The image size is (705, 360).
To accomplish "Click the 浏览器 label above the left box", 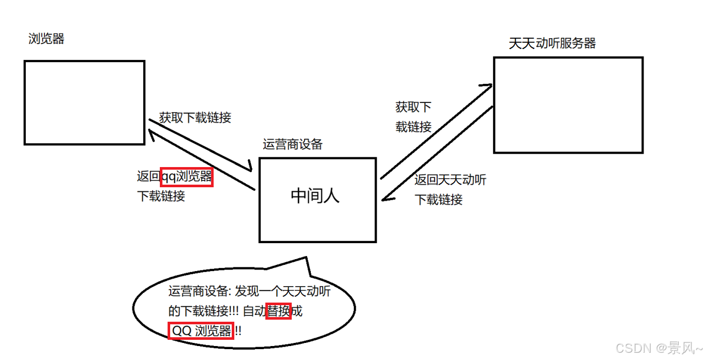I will [47, 39].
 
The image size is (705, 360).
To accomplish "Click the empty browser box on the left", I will [84, 102].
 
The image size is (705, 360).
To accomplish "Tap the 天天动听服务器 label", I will [552, 43].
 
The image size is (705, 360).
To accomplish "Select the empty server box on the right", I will [568, 105].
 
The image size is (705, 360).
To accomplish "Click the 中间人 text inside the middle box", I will [315, 196].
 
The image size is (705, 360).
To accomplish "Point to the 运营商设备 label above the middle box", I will [292, 144].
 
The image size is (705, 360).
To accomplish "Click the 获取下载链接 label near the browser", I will [195, 117].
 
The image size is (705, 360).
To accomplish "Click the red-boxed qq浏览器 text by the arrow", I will [187, 177].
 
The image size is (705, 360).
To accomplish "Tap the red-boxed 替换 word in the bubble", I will [278, 311].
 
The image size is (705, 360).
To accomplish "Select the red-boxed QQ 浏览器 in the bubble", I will [201, 331].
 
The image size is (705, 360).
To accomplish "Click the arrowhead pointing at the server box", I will [488, 86].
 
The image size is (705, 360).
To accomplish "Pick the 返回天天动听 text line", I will [450, 180].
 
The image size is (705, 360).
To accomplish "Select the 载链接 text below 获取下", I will [413, 127].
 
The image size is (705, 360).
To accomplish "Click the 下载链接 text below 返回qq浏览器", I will [161, 197].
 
